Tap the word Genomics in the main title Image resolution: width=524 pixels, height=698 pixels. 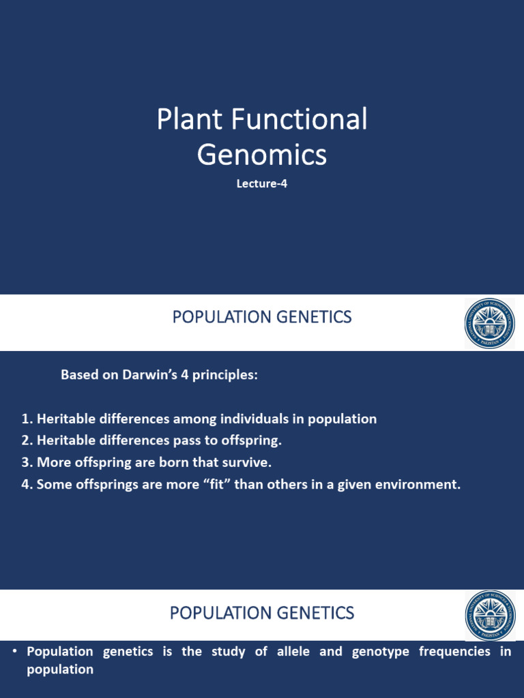[x=262, y=155]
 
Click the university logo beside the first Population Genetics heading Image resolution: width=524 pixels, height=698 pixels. [x=490, y=323]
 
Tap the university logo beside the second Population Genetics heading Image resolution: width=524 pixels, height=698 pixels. [x=490, y=615]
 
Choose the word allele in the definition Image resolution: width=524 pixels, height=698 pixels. [x=295, y=652]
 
